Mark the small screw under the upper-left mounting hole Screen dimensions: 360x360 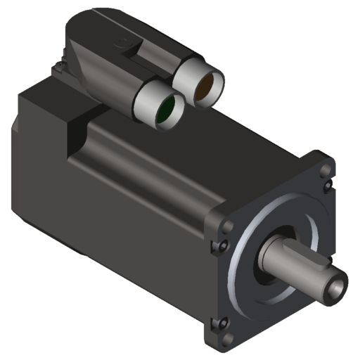coord(224,245)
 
